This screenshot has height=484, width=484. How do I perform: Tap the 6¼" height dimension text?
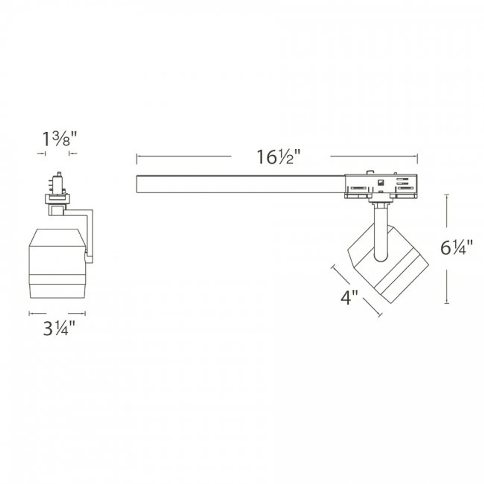tap(457, 248)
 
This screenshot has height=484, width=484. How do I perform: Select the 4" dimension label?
tap(349, 298)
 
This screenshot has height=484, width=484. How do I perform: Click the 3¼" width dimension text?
tap(59, 328)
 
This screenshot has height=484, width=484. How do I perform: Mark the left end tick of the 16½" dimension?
tap(137, 159)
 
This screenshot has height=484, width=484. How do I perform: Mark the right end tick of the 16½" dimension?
tap(417, 159)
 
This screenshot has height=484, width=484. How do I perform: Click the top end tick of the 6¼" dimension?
tap(447, 195)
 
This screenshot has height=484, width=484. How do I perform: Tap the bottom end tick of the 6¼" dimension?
tap(447, 303)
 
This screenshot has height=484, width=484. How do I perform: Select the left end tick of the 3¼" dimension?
tap(29, 313)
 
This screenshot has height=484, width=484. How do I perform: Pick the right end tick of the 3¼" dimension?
tap(85, 313)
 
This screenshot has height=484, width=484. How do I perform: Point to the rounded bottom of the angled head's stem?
tap(380, 258)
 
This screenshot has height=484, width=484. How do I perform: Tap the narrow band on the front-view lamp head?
tap(57, 280)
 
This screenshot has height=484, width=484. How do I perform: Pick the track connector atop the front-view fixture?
tap(57, 185)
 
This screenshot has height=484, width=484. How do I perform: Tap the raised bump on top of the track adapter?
tap(370, 172)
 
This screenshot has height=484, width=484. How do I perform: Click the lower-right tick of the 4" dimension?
tap(380, 314)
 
